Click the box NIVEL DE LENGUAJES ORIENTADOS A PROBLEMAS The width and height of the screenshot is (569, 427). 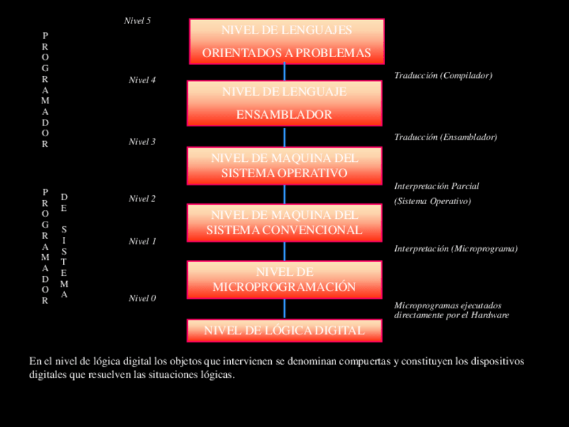[287, 42]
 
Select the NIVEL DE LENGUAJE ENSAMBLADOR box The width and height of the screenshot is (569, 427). [284, 103]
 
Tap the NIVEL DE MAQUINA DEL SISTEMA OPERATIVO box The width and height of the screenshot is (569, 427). [284, 166]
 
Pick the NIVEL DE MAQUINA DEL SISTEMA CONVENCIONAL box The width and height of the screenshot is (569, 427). [284, 223]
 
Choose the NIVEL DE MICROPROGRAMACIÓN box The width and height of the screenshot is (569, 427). [284, 279]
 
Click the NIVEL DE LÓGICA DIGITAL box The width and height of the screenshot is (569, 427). [284, 330]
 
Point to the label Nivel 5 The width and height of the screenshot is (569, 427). [138, 21]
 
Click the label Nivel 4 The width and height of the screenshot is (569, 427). [142, 81]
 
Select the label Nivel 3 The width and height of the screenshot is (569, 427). [142, 142]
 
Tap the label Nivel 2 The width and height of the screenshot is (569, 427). [142, 199]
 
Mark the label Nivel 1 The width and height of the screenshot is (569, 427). [142, 242]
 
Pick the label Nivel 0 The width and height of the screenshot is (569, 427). [142, 299]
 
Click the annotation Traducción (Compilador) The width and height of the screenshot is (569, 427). [443, 76]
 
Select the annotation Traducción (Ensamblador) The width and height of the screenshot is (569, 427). [446, 137]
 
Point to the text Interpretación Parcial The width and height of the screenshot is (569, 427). [436, 186]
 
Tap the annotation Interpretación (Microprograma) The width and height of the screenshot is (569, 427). [456, 248]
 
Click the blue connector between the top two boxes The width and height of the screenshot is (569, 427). [284, 72]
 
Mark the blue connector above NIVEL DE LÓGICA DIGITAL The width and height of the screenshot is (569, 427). [284, 309]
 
